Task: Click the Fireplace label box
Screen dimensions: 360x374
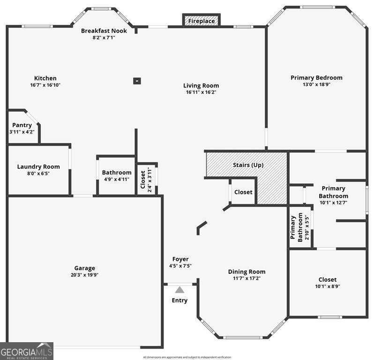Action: [x=202, y=21]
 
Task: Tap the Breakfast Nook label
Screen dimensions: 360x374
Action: [x=104, y=30]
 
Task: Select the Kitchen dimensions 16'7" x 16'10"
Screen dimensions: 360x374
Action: [x=45, y=85]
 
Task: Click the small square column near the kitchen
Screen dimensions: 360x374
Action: [x=137, y=81]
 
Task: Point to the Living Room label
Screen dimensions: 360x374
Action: [x=201, y=85]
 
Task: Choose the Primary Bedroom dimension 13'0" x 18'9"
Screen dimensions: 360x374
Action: [x=316, y=85]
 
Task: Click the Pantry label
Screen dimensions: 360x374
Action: [x=22, y=125]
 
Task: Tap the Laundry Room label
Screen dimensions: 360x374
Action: [x=38, y=166]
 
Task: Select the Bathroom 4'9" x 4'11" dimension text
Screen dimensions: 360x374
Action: [x=117, y=179]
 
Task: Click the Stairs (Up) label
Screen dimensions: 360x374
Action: [x=248, y=165]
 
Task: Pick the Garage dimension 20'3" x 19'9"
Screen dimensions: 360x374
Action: [x=84, y=275]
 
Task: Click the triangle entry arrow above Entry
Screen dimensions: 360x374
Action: [x=180, y=291]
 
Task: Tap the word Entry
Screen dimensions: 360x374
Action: [x=180, y=300]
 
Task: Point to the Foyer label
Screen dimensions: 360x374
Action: [x=180, y=259]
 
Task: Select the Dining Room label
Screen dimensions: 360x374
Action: [x=247, y=271]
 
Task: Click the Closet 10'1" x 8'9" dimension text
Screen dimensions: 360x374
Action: [x=327, y=286]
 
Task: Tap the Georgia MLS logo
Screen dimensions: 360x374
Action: [x=27, y=351]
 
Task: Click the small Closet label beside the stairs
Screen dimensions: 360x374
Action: [x=243, y=192]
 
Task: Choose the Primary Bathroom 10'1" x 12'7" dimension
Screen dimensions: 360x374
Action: [x=333, y=203]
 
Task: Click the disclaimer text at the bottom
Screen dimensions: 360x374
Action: [x=187, y=357]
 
